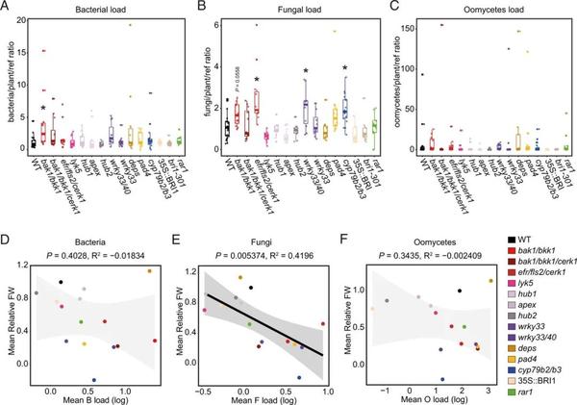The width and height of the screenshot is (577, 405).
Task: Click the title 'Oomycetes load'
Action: point(445,10)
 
